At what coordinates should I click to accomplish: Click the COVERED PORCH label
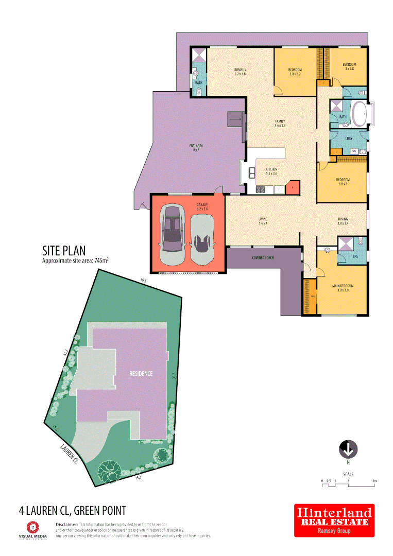pyautogui.click(x=262, y=257)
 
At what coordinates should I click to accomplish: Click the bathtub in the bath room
pyautogui.click(x=359, y=114)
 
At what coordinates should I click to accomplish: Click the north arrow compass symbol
pyautogui.click(x=348, y=449)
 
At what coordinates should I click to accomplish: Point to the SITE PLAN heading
pyautogui.click(x=63, y=251)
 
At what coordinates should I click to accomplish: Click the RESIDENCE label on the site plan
pyautogui.click(x=141, y=374)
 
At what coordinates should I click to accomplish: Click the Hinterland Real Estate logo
pyautogui.click(x=334, y=520)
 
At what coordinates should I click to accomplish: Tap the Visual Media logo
pyautogui.click(x=32, y=529)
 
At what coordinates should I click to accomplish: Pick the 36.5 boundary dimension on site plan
pyautogui.click(x=143, y=281)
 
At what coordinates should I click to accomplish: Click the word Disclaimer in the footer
pyautogui.click(x=66, y=524)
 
